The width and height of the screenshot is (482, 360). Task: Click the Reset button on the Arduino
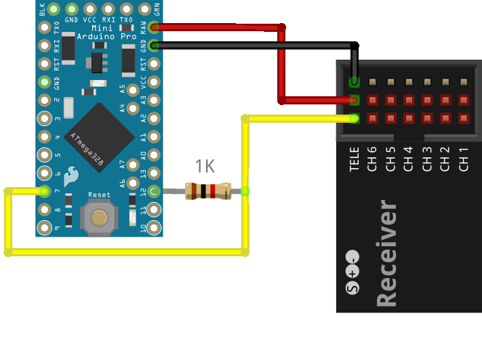(x=100, y=217)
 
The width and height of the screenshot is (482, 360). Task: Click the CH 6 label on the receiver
(x=371, y=159)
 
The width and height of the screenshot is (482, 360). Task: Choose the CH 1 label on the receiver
(x=464, y=159)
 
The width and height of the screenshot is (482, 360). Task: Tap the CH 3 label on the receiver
(x=427, y=159)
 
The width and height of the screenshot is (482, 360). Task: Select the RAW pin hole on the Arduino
(x=155, y=28)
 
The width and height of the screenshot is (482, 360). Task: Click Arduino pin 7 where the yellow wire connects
(x=45, y=191)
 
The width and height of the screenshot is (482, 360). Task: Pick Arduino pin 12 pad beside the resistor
(x=155, y=191)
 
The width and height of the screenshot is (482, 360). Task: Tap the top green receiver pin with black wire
(x=354, y=83)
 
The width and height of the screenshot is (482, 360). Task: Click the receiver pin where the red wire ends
(x=354, y=100)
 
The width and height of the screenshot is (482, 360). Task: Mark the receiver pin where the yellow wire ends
(x=354, y=119)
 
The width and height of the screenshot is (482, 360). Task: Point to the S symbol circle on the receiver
(x=352, y=289)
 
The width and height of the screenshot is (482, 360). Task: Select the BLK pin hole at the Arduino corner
(x=45, y=9)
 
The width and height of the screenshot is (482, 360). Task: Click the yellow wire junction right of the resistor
(x=245, y=191)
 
